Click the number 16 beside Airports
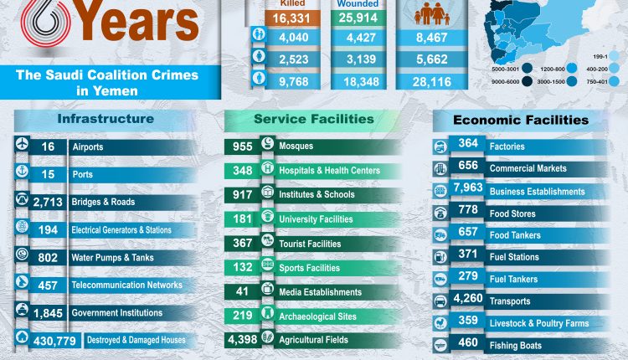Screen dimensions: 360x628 48,146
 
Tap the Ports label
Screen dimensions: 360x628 82,174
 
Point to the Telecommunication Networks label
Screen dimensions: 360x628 127,285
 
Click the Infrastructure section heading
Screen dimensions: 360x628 105,119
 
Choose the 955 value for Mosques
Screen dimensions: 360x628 242,146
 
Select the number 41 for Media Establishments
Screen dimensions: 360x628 242,292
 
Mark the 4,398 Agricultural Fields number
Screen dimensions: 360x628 242,340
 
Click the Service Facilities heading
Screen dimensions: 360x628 314,119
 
